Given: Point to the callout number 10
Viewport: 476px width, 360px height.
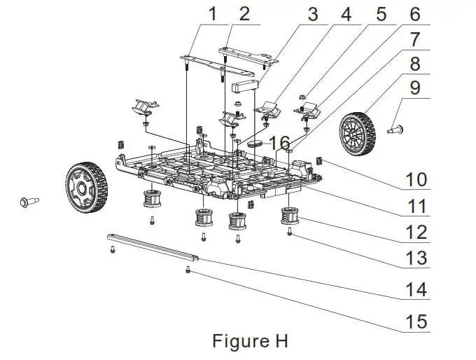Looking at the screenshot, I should tap(416, 179).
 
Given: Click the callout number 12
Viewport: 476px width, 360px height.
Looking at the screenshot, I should tap(416, 233).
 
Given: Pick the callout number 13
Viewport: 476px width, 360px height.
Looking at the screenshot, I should tap(416, 258).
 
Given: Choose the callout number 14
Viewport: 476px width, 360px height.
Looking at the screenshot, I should tap(416, 289).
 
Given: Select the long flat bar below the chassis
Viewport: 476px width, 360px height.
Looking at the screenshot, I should tap(154, 247).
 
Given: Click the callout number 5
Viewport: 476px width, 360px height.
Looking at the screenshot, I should tap(381, 13).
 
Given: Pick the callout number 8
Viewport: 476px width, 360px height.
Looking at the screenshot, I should tap(416, 64).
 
